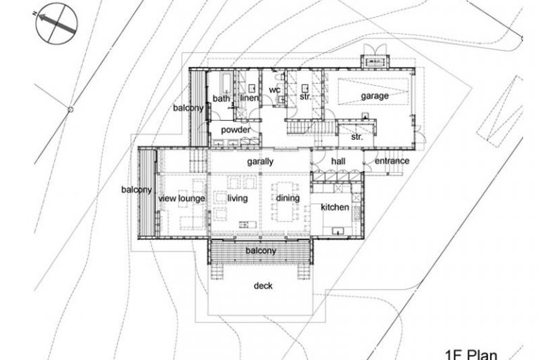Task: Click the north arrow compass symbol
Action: [57, 23]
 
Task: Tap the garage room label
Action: [375, 96]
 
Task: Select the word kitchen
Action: [335, 207]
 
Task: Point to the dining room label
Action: [288, 198]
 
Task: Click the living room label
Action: [237, 198]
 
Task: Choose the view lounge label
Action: [181, 198]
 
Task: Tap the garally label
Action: [260, 162]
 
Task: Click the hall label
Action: [338, 161]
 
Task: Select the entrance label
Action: [392, 161]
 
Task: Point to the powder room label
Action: [236, 130]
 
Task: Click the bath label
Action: [221, 98]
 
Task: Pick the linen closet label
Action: [249, 98]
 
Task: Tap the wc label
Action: [274, 90]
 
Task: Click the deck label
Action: [263, 285]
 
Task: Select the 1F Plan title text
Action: [471, 355]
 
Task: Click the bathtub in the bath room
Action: [226, 83]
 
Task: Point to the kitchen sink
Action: [337, 230]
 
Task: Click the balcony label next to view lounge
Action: [136, 190]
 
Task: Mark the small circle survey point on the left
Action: [70, 110]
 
